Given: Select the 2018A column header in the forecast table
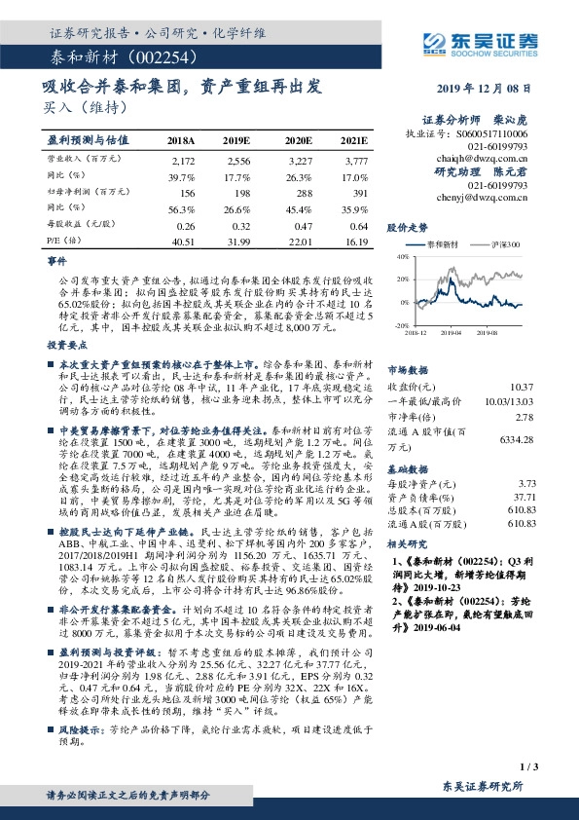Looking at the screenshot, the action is tap(181, 140).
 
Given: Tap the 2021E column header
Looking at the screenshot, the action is tap(355, 140).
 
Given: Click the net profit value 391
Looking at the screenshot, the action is tap(358, 194).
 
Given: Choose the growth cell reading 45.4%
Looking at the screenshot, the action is tap(299, 209).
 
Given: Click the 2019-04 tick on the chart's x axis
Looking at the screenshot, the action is tap(452, 332).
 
